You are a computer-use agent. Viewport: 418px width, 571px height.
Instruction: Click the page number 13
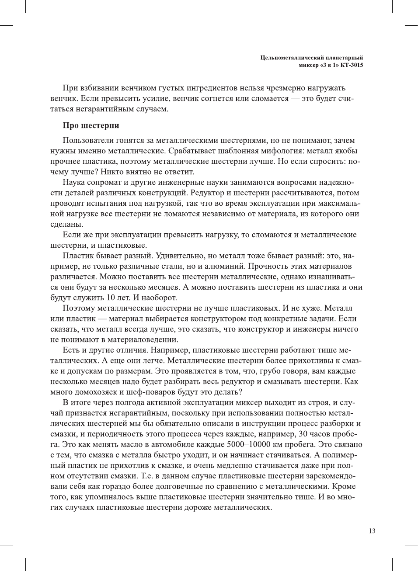pyautogui.click(x=372, y=531)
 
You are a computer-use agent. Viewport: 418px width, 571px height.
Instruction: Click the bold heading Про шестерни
pyautogui.click(x=91, y=125)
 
